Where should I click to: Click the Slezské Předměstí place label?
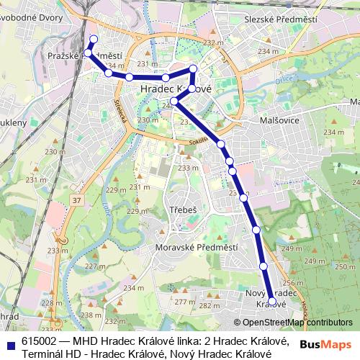[x=271, y=19]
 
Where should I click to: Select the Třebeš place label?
[x=184, y=210]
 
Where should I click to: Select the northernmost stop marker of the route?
[x=93, y=39]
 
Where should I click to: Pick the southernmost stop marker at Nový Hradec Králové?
[x=271, y=294]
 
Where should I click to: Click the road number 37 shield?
[x=76, y=199]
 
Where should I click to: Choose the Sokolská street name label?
[x=200, y=139]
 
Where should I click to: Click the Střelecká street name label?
[x=121, y=110]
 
